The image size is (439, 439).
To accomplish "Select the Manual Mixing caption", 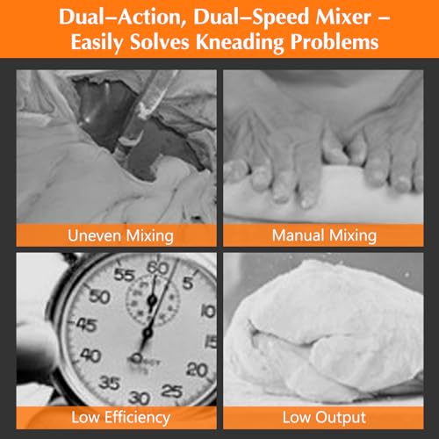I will pos(324,234).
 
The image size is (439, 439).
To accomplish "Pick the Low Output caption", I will pos(324,417).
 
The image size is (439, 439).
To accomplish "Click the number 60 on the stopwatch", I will pos(158,266).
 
